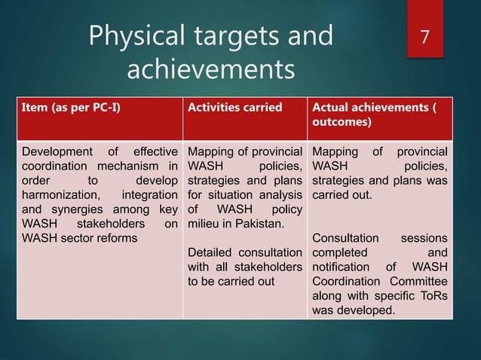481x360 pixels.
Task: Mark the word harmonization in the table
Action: click(x=57, y=196)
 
